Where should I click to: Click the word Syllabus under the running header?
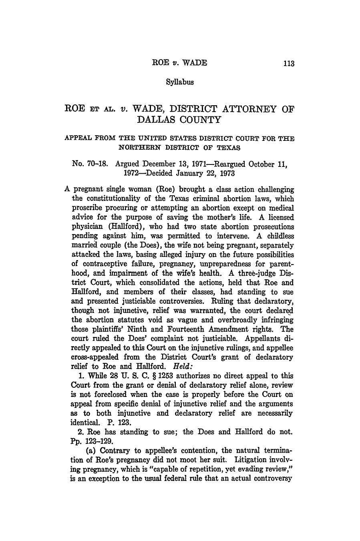coord(180,82)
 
